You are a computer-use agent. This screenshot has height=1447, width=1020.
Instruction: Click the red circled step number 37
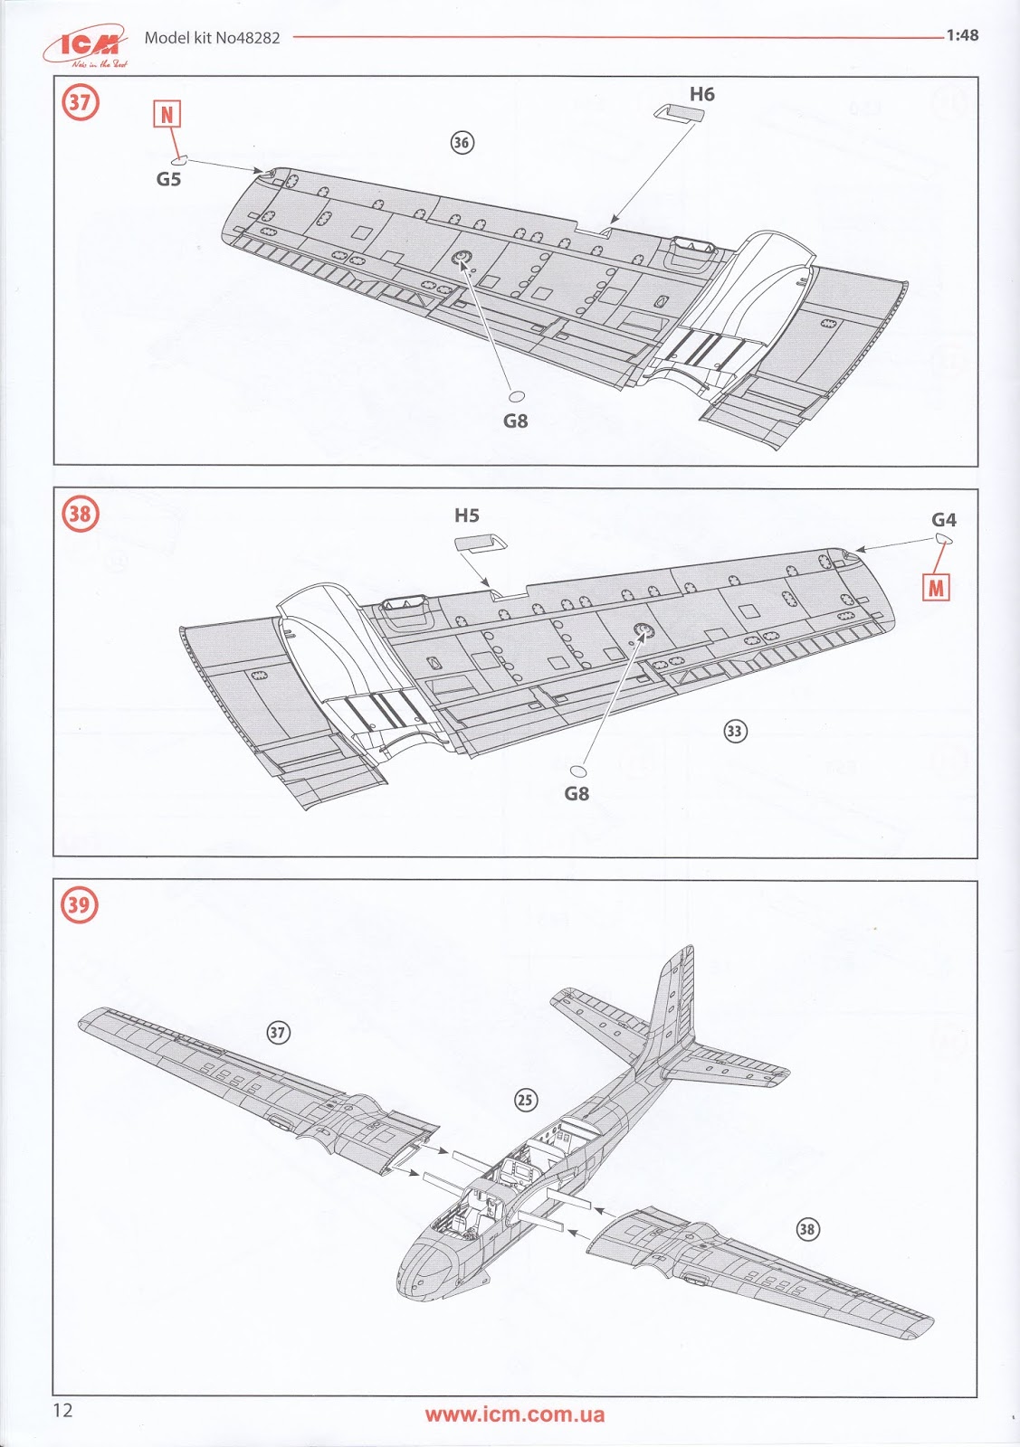(80, 102)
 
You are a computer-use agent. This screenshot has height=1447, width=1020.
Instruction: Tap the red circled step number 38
(80, 515)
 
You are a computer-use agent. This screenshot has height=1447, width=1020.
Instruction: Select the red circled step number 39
(80, 904)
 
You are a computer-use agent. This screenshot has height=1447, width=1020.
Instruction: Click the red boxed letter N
(167, 115)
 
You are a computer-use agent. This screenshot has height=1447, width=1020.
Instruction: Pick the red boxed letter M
(936, 588)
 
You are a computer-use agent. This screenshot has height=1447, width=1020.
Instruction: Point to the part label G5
(168, 179)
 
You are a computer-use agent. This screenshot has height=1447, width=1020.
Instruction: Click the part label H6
(701, 94)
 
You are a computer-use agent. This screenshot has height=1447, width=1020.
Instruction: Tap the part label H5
(466, 515)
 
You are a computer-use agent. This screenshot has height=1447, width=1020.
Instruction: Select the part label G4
(943, 520)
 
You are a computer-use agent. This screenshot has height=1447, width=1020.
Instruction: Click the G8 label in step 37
(515, 421)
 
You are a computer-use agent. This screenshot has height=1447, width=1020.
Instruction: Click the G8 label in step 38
(576, 793)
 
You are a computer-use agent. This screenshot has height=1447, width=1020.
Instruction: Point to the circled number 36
(462, 142)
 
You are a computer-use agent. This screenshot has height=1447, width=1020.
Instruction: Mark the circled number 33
(735, 731)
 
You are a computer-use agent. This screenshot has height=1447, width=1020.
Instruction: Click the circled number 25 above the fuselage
(525, 1100)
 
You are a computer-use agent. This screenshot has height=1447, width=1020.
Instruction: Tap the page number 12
(62, 1410)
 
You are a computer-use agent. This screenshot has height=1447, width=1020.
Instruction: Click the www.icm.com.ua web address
(514, 1415)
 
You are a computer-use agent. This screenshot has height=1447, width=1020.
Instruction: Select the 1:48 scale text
(962, 35)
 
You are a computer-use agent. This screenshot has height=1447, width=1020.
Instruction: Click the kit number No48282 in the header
(247, 38)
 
